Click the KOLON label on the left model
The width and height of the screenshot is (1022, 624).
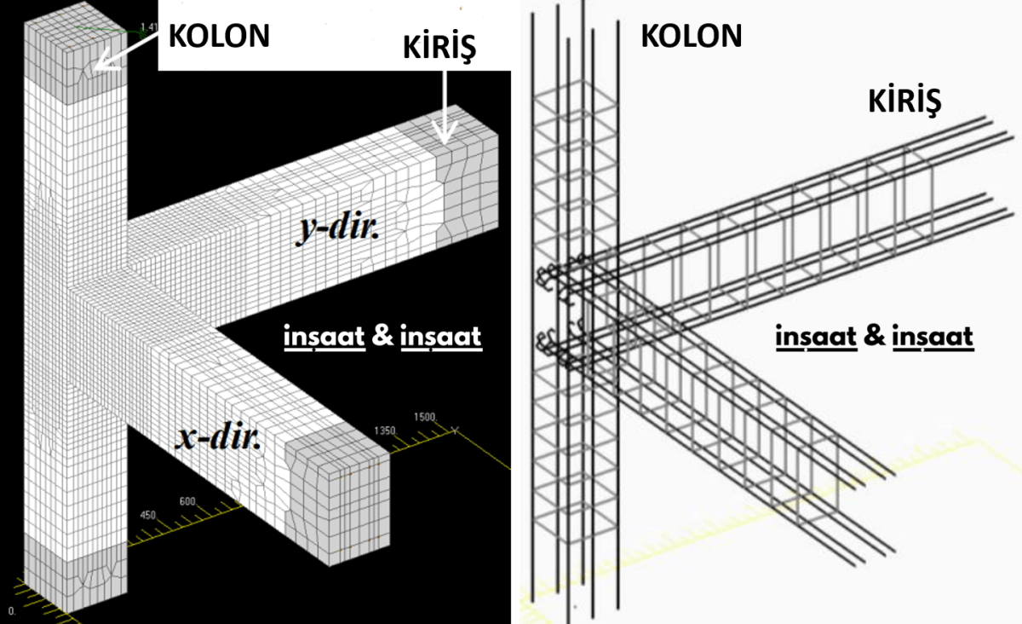click(x=219, y=36)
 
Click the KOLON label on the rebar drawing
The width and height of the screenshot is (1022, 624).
click(x=692, y=36)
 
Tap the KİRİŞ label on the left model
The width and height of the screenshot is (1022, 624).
click(x=439, y=47)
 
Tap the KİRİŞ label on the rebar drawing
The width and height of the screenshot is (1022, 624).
click(x=904, y=101)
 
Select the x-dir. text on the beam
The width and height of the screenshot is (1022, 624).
click(x=218, y=436)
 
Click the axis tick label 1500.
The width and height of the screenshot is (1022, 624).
click(x=425, y=417)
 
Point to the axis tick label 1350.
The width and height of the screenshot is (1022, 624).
click(x=385, y=430)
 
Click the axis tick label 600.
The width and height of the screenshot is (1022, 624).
click(x=187, y=501)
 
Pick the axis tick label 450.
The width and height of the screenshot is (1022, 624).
click(x=148, y=515)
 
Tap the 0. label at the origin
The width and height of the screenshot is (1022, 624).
click(x=12, y=610)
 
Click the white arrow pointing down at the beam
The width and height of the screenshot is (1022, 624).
click(x=445, y=107)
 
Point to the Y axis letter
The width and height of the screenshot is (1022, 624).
click(x=455, y=430)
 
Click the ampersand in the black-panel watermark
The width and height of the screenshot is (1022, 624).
click(x=382, y=335)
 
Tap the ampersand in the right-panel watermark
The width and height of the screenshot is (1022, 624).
click(x=874, y=335)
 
